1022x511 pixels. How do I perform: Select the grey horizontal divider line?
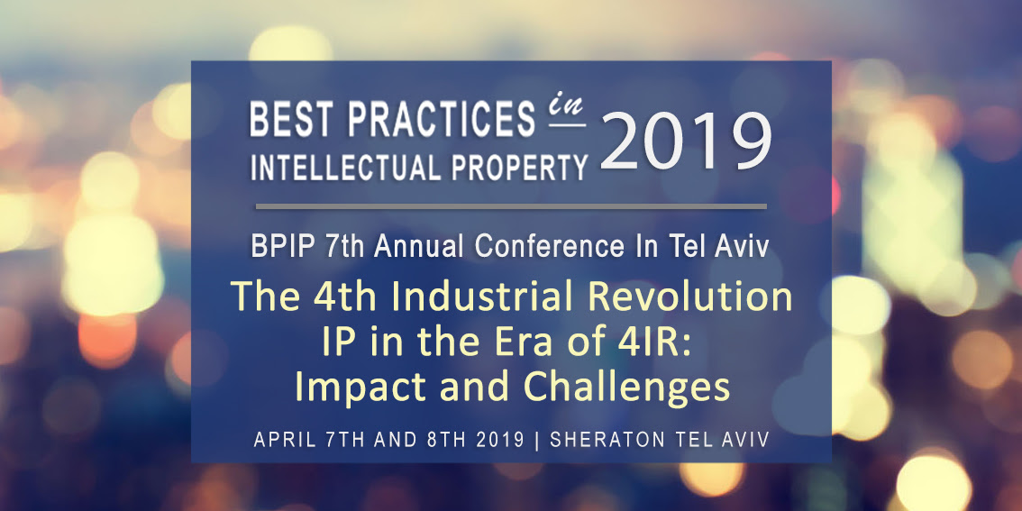pyautogui.click(x=511, y=206)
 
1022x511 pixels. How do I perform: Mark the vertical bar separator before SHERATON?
pyautogui.click(x=538, y=440)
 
